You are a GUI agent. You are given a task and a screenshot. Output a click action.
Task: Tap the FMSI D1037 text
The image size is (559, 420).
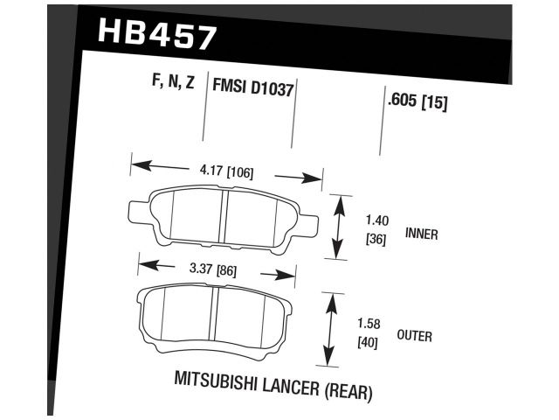(252, 88)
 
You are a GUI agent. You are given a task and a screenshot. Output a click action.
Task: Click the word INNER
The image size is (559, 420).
(422, 234)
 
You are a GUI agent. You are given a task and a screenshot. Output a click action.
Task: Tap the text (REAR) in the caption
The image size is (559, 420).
(349, 391)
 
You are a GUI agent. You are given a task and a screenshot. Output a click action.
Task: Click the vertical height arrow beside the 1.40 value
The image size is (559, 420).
(340, 227)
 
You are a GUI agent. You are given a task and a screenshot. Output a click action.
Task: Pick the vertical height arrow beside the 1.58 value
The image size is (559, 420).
(330, 329)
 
